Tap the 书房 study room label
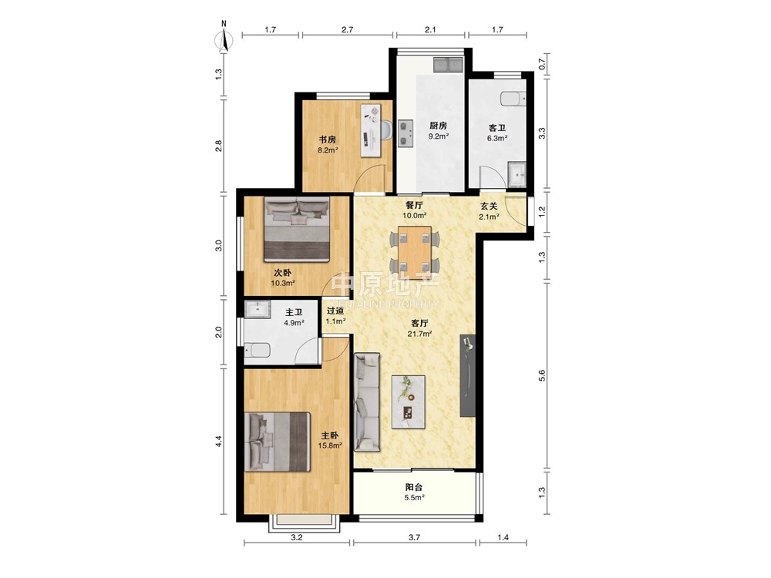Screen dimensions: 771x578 pyautogui.click(x=328, y=139)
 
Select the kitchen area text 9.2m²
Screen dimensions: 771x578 pyautogui.click(x=438, y=136)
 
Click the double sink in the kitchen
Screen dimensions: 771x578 pyautogui.click(x=448, y=64)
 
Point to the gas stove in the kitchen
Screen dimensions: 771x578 pyautogui.click(x=406, y=133)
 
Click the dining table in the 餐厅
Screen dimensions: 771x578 pyautogui.click(x=415, y=252)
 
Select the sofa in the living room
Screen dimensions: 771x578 pyautogui.click(x=367, y=402)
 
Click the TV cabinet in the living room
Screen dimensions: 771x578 pyautogui.click(x=468, y=376)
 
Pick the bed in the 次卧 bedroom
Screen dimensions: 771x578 pyautogui.click(x=297, y=229)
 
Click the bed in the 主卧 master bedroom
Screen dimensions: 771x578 pyautogui.click(x=278, y=442)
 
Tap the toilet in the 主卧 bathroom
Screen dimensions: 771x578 pyautogui.click(x=258, y=351)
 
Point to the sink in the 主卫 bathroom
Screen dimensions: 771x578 pyautogui.click(x=258, y=310)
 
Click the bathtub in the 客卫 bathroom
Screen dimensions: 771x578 pyautogui.click(x=513, y=99)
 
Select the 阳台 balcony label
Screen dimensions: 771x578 pyautogui.click(x=414, y=488)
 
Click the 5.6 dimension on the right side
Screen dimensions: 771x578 pyautogui.click(x=541, y=375)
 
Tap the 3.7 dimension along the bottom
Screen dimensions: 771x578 pyautogui.click(x=415, y=537)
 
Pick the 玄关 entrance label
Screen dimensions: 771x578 pyautogui.click(x=489, y=207)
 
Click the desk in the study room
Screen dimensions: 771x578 pyautogui.click(x=372, y=130)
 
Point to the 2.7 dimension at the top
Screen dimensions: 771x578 pyautogui.click(x=347, y=29)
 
